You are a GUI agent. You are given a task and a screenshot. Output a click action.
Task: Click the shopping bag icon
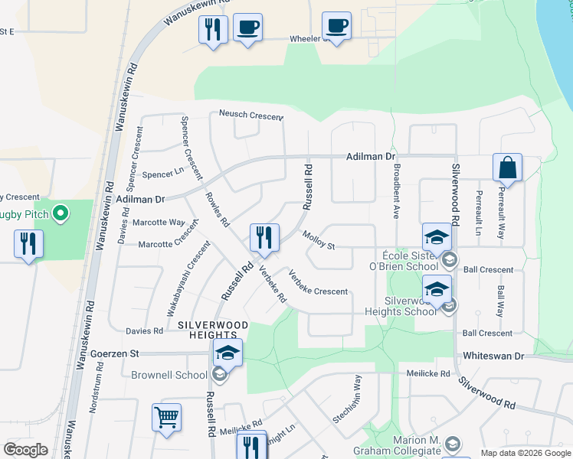(x=507, y=167)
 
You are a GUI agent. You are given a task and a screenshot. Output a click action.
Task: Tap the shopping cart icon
(x=166, y=418)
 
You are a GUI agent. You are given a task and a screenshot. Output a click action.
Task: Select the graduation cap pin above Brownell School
(x=228, y=353)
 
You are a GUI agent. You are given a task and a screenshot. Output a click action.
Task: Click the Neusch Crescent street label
(x=251, y=116)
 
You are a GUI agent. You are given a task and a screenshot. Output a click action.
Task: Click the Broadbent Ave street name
(x=396, y=187)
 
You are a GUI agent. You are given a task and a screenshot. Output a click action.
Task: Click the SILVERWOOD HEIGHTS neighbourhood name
(x=207, y=330)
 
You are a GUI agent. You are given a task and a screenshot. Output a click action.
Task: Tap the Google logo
(x=25, y=450)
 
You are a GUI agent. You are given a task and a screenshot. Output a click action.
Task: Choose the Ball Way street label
(x=500, y=302)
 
